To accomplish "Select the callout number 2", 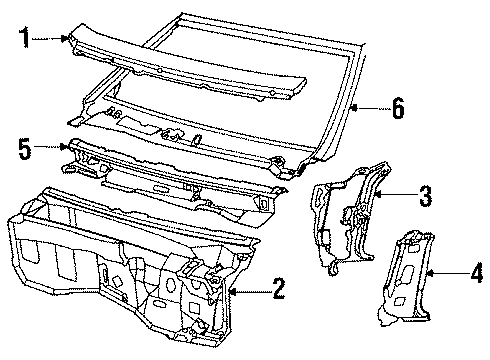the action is pos(279,290).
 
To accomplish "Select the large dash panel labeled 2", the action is pos(110,270).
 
